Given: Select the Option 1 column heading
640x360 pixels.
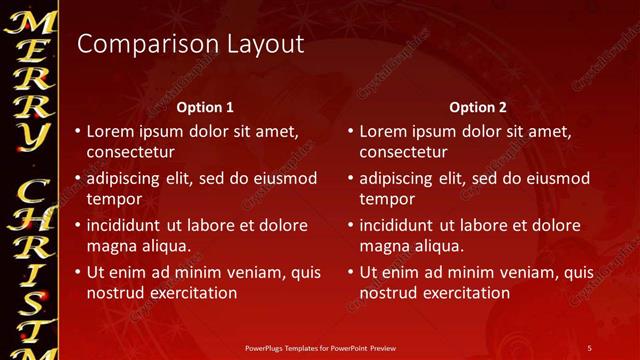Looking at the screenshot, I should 205,106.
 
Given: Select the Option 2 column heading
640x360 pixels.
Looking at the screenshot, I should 477,106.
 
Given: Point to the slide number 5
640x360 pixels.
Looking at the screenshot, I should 589,346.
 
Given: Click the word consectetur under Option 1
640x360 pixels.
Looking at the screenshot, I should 131,153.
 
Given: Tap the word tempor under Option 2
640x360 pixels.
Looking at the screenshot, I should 384,199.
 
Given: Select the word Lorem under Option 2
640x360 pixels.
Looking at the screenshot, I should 383,131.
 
